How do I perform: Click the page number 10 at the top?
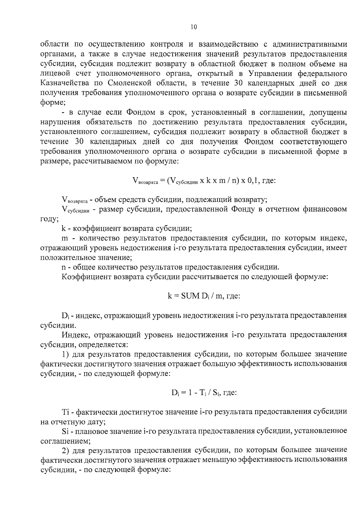click(193, 27)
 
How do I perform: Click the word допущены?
click(328, 113)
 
